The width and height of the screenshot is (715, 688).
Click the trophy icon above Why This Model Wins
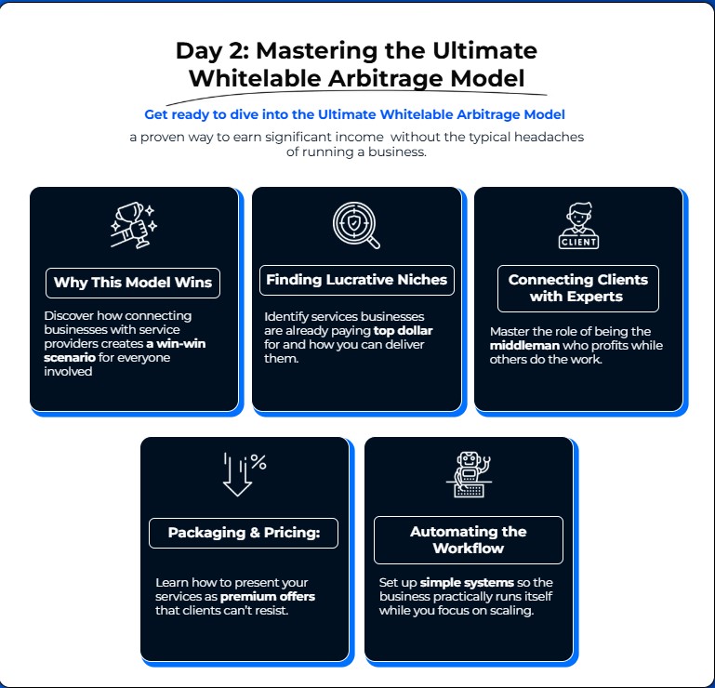click(134, 225)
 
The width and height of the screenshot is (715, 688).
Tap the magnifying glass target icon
click(356, 225)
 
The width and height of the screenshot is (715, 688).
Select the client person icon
click(578, 225)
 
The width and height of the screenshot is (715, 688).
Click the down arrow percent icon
click(245, 474)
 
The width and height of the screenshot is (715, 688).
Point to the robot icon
click(469, 474)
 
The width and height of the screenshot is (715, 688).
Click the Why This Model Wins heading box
click(133, 284)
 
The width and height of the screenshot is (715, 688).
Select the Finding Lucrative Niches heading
click(357, 280)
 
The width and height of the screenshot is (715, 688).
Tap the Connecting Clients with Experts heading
click(578, 288)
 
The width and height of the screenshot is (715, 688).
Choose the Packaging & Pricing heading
click(244, 533)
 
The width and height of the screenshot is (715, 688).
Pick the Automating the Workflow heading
click(469, 540)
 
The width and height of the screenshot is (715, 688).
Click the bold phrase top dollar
click(404, 331)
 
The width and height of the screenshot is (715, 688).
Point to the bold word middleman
click(524, 346)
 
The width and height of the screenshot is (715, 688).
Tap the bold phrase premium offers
click(268, 596)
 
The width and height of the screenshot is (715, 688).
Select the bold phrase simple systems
click(467, 583)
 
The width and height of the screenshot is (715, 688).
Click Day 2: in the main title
click(213, 51)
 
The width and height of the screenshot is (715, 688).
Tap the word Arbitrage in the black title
click(385, 78)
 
